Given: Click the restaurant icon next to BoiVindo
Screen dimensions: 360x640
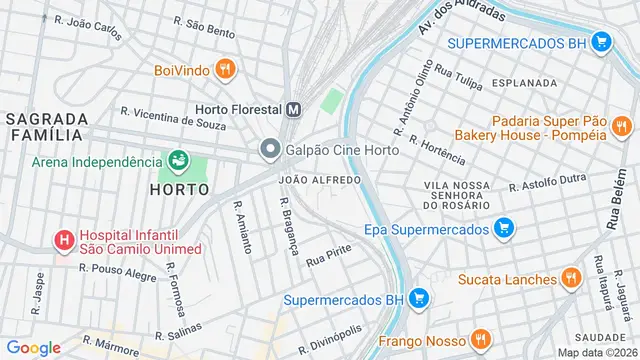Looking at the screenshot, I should click(226, 70).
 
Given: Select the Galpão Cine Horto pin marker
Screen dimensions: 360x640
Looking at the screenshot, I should click(269, 150).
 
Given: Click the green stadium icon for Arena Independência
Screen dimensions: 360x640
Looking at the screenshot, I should click(178, 161).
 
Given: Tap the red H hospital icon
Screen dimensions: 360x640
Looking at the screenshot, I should click(65, 240).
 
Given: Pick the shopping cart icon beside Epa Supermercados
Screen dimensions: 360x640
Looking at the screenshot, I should click(504, 229).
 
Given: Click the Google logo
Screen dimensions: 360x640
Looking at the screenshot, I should click(33, 348).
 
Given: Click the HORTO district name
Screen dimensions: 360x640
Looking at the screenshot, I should click(178, 188).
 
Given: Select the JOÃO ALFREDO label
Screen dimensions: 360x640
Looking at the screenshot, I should click(320, 180).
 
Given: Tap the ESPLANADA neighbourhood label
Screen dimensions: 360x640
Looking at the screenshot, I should click(525, 83).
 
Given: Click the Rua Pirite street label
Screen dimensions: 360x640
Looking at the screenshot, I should click(330, 253).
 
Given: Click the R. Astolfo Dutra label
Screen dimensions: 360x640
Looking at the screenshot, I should click(548, 180).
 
